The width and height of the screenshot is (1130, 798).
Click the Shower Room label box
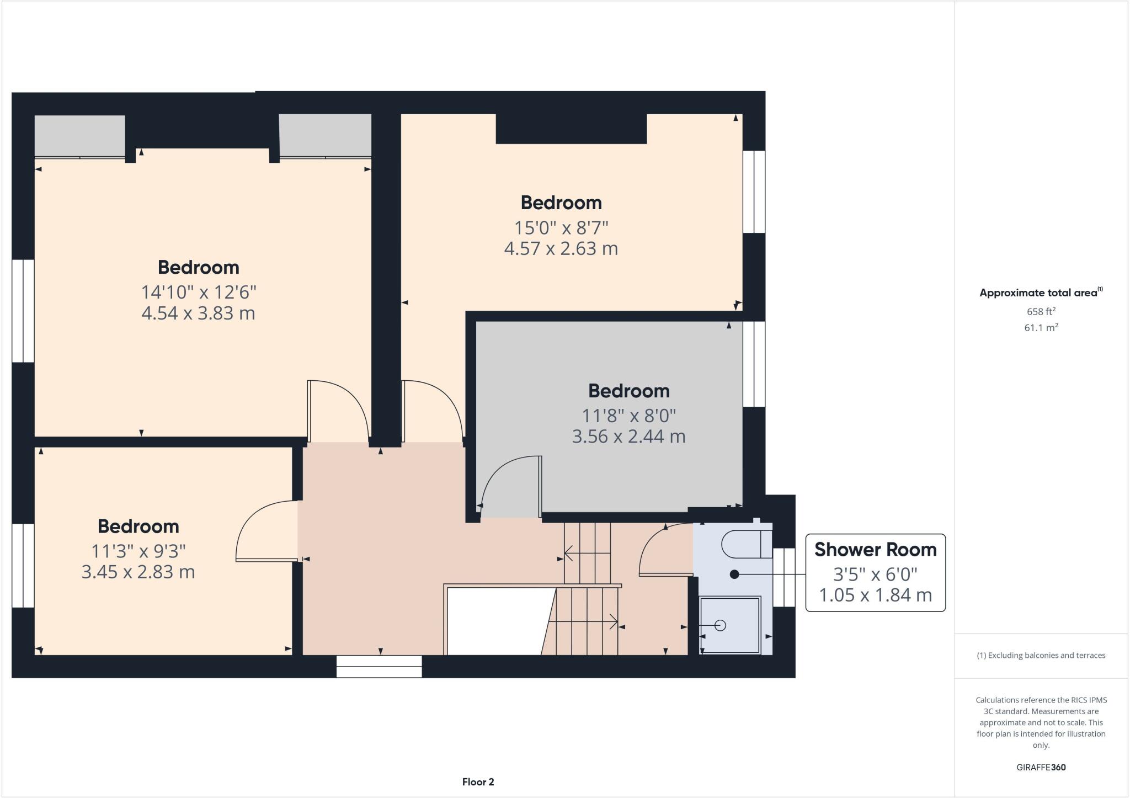pyautogui.click(x=875, y=572)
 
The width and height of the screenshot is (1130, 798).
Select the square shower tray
pyautogui.click(x=729, y=625)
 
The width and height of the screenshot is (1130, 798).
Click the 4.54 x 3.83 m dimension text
pyautogui.click(x=198, y=313)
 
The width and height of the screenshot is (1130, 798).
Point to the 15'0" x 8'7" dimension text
pyautogui.click(x=561, y=227)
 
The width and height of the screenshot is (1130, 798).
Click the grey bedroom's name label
pyautogui.click(x=628, y=391)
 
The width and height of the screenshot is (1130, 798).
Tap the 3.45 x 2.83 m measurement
pyautogui.click(x=138, y=572)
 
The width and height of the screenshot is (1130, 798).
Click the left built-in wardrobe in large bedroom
pyautogui.click(x=80, y=136)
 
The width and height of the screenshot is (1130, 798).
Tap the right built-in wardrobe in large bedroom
pyautogui.click(x=325, y=136)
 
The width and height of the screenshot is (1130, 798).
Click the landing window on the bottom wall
pyautogui.click(x=379, y=667)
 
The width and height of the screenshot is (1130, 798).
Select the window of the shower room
pyautogui.click(x=783, y=577)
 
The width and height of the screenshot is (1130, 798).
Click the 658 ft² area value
pyautogui.click(x=1041, y=311)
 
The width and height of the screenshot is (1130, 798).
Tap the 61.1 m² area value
pyautogui.click(x=1041, y=328)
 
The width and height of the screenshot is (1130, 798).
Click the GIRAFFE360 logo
pyautogui.click(x=1041, y=767)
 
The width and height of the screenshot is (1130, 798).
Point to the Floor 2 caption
pyautogui.click(x=478, y=782)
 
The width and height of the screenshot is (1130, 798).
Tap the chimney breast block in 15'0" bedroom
pyautogui.click(x=571, y=129)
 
